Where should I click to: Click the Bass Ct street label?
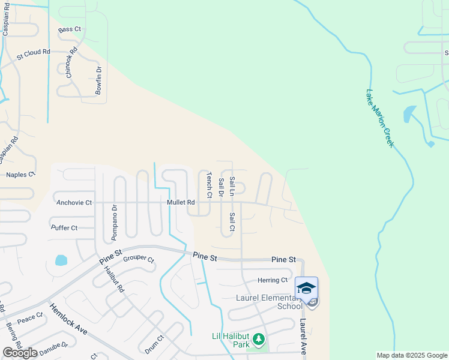click(70, 29)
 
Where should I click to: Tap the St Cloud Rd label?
click(33, 54)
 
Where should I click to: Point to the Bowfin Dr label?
click(99, 81)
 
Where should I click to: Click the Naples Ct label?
click(21, 175)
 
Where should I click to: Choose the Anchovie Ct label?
click(74, 203)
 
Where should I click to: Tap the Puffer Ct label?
click(64, 228)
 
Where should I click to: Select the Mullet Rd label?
click(181, 203)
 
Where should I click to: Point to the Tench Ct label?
click(209, 185)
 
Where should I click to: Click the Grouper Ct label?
click(139, 260)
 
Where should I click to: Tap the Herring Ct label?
click(273, 280)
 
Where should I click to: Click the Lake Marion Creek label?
click(379, 118)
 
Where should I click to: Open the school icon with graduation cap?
click(306, 287)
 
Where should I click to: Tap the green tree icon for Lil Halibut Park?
click(259, 340)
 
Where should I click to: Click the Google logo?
click(20, 353)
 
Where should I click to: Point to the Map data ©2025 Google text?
click(411, 355)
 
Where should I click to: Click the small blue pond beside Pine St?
click(61, 260)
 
